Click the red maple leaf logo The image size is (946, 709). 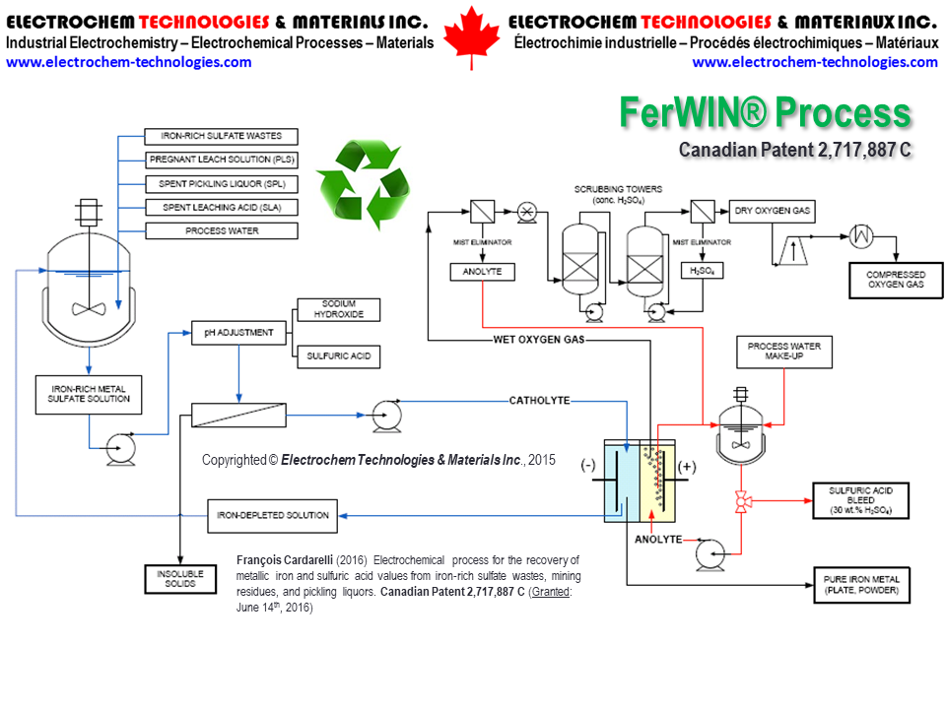click(471, 37)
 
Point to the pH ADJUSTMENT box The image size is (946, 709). click(238, 333)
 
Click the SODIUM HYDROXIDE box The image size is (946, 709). click(338, 309)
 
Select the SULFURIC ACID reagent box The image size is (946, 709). click(338, 356)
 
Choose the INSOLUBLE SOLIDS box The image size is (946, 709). click(180, 578)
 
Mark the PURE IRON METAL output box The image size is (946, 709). click(860, 585)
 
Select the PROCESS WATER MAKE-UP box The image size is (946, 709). click(784, 352)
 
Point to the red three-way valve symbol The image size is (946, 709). click(739, 503)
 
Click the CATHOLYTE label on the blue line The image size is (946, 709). click(539, 400)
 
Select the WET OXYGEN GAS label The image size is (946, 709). click(539, 340)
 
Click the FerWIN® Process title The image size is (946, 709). click(765, 113)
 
